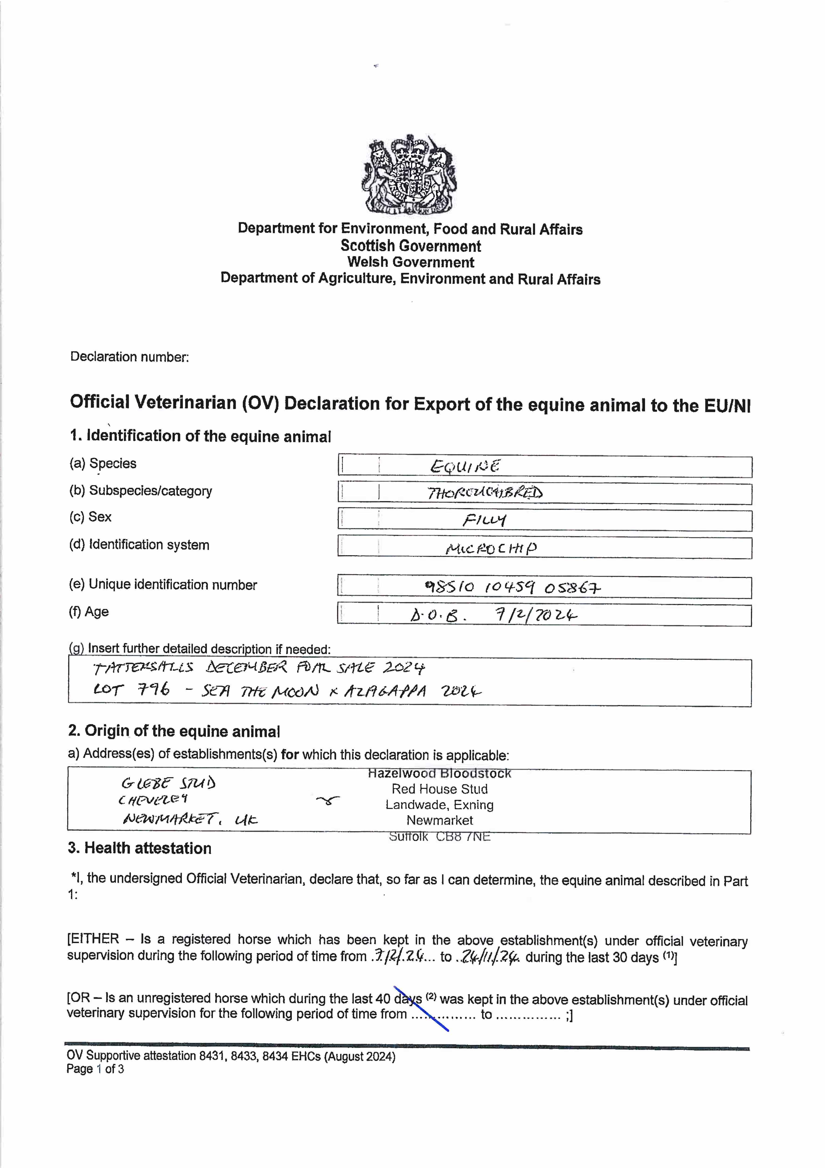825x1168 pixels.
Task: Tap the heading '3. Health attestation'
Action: point(140,848)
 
